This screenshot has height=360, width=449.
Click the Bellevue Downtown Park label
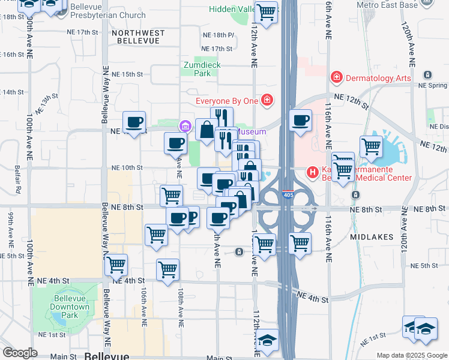[70, 307]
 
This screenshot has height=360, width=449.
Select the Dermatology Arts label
[378, 78]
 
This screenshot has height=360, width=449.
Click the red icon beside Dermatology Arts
[336, 78]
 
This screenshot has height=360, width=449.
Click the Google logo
[20, 353]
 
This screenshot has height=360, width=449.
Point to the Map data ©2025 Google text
[412, 355]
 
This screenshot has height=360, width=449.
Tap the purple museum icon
[184, 125]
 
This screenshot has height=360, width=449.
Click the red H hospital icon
[313, 172]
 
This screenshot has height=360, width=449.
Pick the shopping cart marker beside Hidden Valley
[266, 11]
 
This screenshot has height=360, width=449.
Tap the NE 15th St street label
[128, 74]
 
